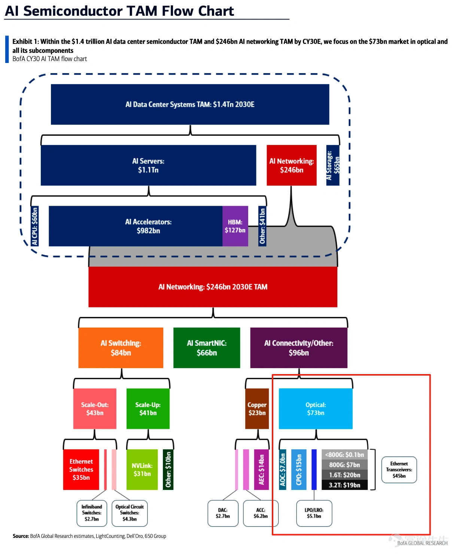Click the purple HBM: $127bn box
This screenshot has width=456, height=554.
tap(235, 226)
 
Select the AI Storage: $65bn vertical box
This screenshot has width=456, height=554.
tap(332, 165)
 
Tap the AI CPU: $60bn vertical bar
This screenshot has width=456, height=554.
tap(35, 226)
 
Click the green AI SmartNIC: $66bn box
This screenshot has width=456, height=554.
tap(207, 347)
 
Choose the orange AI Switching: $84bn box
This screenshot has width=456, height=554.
tap(121, 347)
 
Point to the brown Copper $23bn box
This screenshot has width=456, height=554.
tap(257, 409)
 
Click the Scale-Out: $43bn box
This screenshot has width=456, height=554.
tap(95, 409)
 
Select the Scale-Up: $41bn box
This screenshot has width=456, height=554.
tap(148, 409)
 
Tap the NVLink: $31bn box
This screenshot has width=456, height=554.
tap(142, 469)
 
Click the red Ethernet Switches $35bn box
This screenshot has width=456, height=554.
tap(81, 469)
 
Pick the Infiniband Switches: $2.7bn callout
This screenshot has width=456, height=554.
tap(92, 513)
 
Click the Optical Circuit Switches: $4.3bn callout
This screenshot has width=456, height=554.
tap(130, 513)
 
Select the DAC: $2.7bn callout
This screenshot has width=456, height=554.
tap(223, 513)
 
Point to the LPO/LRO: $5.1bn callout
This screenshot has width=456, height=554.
tap(314, 513)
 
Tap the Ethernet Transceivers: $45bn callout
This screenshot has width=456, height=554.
tap(399, 470)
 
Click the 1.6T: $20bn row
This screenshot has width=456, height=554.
tap(344, 475)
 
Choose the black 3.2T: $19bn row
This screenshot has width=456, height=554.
tap(344, 485)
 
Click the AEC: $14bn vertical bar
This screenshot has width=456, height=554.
tap(261, 469)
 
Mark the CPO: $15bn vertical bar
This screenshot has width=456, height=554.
tap(299, 469)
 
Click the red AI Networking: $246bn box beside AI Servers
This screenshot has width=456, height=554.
tap(292, 165)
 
